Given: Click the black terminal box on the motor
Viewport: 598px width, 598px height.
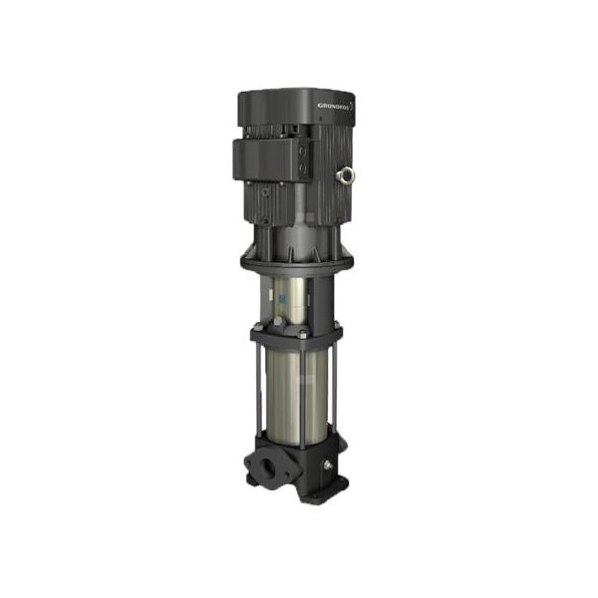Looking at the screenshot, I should (x=269, y=159).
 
